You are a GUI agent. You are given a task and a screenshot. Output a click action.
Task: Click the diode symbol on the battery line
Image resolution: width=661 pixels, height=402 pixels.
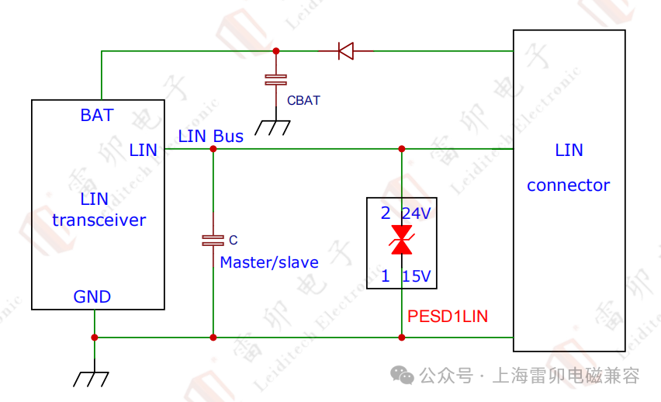pyautogui.click(x=345, y=51)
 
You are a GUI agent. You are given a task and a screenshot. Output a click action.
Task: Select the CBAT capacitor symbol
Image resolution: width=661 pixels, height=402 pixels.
pyautogui.click(x=275, y=79)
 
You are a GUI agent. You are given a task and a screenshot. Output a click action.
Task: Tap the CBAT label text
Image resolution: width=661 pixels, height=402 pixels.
pyautogui.click(x=303, y=100)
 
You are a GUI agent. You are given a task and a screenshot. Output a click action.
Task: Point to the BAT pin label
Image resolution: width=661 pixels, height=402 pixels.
pyautogui.click(x=97, y=116)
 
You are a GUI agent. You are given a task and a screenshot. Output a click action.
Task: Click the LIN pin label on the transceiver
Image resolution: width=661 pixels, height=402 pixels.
pyautogui.click(x=144, y=150)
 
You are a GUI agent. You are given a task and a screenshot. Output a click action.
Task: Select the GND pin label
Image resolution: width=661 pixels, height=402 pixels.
pyautogui.click(x=92, y=296)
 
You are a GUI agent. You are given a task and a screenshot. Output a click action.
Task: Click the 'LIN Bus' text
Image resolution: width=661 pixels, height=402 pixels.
pyautogui.click(x=210, y=137)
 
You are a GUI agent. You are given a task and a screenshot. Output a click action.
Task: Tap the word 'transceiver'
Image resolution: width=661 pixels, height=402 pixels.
pyautogui.click(x=99, y=220)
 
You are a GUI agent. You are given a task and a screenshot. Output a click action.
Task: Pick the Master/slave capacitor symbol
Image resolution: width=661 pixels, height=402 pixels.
pyautogui.click(x=213, y=241)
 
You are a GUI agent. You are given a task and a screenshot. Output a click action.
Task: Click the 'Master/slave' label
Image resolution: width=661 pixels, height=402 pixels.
pyautogui.click(x=269, y=262)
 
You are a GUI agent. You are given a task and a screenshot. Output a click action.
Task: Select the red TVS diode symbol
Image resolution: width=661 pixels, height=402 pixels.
pyautogui.click(x=401, y=240)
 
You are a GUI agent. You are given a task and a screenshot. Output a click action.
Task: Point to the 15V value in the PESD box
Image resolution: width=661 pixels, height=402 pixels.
pyautogui.click(x=416, y=276)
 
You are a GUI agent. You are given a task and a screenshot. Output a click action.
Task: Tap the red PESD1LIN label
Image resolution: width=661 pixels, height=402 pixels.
pyautogui.click(x=448, y=317)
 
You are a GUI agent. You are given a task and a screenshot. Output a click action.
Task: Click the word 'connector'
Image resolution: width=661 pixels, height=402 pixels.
pyautogui.click(x=568, y=185)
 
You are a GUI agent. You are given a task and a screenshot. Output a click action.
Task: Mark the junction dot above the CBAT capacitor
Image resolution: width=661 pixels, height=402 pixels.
pyautogui.click(x=275, y=51)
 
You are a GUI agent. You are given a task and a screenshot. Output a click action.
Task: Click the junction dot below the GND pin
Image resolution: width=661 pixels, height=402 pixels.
pyautogui.click(x=95, y=338)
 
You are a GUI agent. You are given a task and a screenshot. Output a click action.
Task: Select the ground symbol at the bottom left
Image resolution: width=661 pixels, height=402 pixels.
pyautogui.click(x=92, y=378)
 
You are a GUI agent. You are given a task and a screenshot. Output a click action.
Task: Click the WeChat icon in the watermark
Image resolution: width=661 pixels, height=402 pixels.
pyautogui.click(x=402, y=376)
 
